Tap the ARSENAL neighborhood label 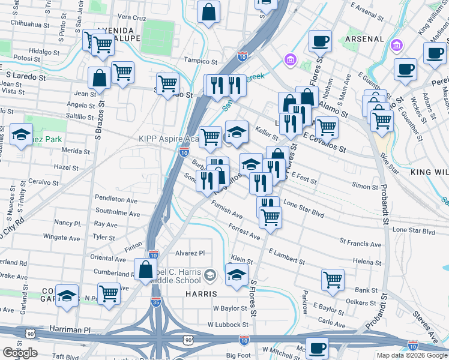[365, 39]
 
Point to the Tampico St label [200, 61]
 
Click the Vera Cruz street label [133, 17]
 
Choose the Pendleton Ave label [116, 199]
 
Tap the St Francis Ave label [360, 244]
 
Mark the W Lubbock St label [228, 325]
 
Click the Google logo [20, 353]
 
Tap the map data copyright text [411, 355]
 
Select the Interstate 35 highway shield [156, 302]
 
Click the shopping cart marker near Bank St [333, 279]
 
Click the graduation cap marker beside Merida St [22, 135]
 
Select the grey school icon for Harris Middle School [209, 276]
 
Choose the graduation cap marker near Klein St [237, 275]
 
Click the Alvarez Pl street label [190, 253]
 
